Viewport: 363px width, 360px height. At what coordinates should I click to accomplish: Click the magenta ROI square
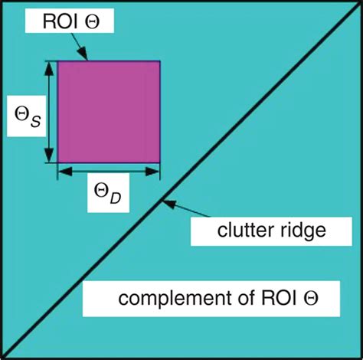(x=109, y=112)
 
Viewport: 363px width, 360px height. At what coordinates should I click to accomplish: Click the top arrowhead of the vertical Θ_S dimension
(x=50, y=67)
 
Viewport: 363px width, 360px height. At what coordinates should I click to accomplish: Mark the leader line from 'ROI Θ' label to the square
(x=83, y=47)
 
